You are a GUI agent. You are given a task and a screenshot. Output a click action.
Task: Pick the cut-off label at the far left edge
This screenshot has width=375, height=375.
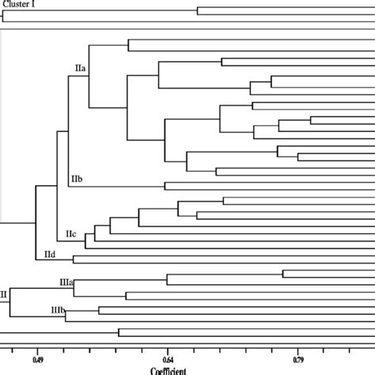(x=3, y=293)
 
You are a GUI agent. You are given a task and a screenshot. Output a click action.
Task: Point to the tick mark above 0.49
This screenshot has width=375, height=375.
(x=37, y=347)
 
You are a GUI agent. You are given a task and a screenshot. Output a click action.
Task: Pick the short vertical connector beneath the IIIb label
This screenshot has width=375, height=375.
(x=66, y=316)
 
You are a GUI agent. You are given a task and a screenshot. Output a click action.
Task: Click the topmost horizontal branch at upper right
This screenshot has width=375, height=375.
(x=285, y=10)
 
